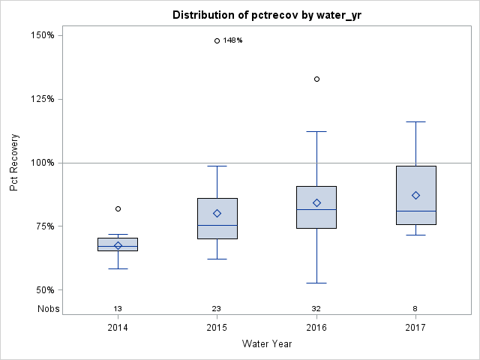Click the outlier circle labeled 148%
pyautogui.click(x=217, y=40)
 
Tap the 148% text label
pyautogui.click(x=232, y=40)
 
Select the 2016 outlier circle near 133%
pyautogui.click(x=316, y=79)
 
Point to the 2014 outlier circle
pyautogui.click(x=118, y=208)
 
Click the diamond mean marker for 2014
pyautogui.click(x=118, y=245)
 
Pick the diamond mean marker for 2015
pyautogui.click(x=217, y=213)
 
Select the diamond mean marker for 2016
pyautogui.click(x=316, y=202)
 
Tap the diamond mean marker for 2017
pyautogui.click(x=415, y=195)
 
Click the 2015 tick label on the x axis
pyautogui.click(x=217, y=328)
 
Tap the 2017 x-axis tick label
pyautogui.click(x=415, y=328)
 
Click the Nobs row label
pyautogui.click(x=48, y=309)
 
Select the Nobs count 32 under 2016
pyautogui.click(x=316, y=309)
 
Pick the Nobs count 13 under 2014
pyautogui.click(x=118, y=309)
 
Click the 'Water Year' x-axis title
pyautogui.click(x=267, y=344)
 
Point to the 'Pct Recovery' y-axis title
pyautogui.click(x=14, y=163)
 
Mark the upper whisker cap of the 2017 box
pyautogui.click(x=415, y=121)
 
